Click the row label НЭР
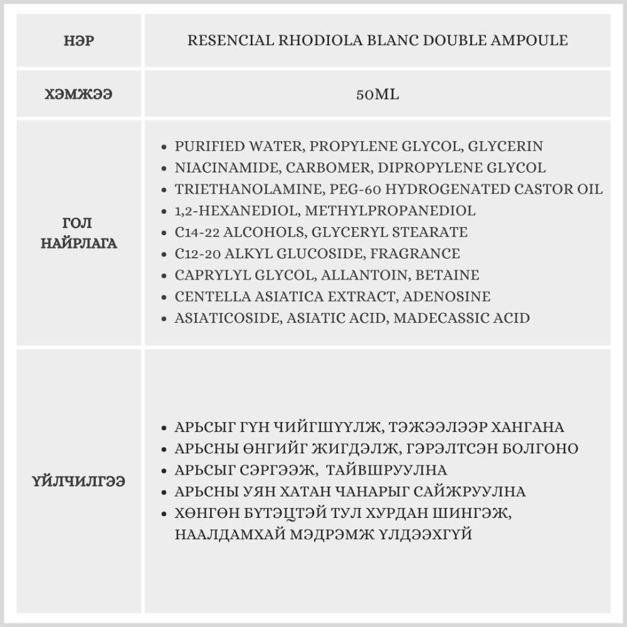pyautogui.click(x=79, y=41)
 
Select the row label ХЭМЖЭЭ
pyautogui.click(x=79, y=95)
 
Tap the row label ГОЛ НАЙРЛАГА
pyautogui.click(x=79, y=233)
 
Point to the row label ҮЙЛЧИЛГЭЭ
pyautogui.click(x=79, y=482)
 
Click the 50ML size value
pyautogui.click(x=377, y=95)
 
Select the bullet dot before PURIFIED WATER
pyautogui.click(x=164, y=147)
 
